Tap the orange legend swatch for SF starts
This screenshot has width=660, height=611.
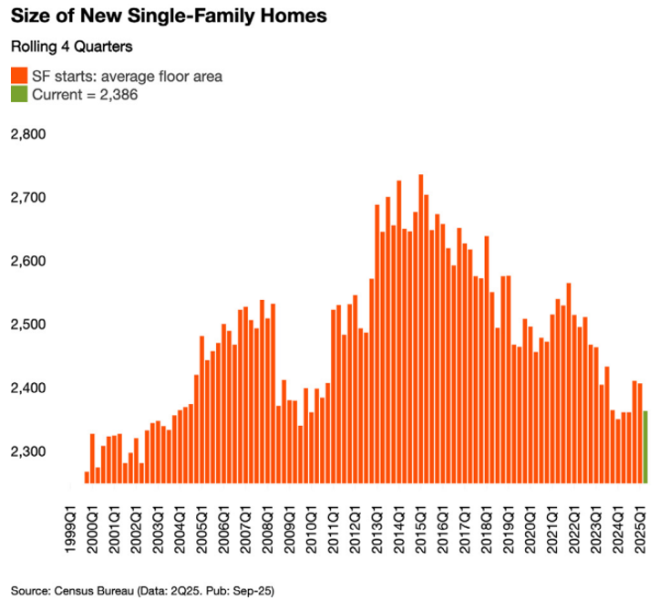point(18,76)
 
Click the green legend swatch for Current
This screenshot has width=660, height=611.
point(18,94)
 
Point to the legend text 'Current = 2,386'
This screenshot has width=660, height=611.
point(85,94)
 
